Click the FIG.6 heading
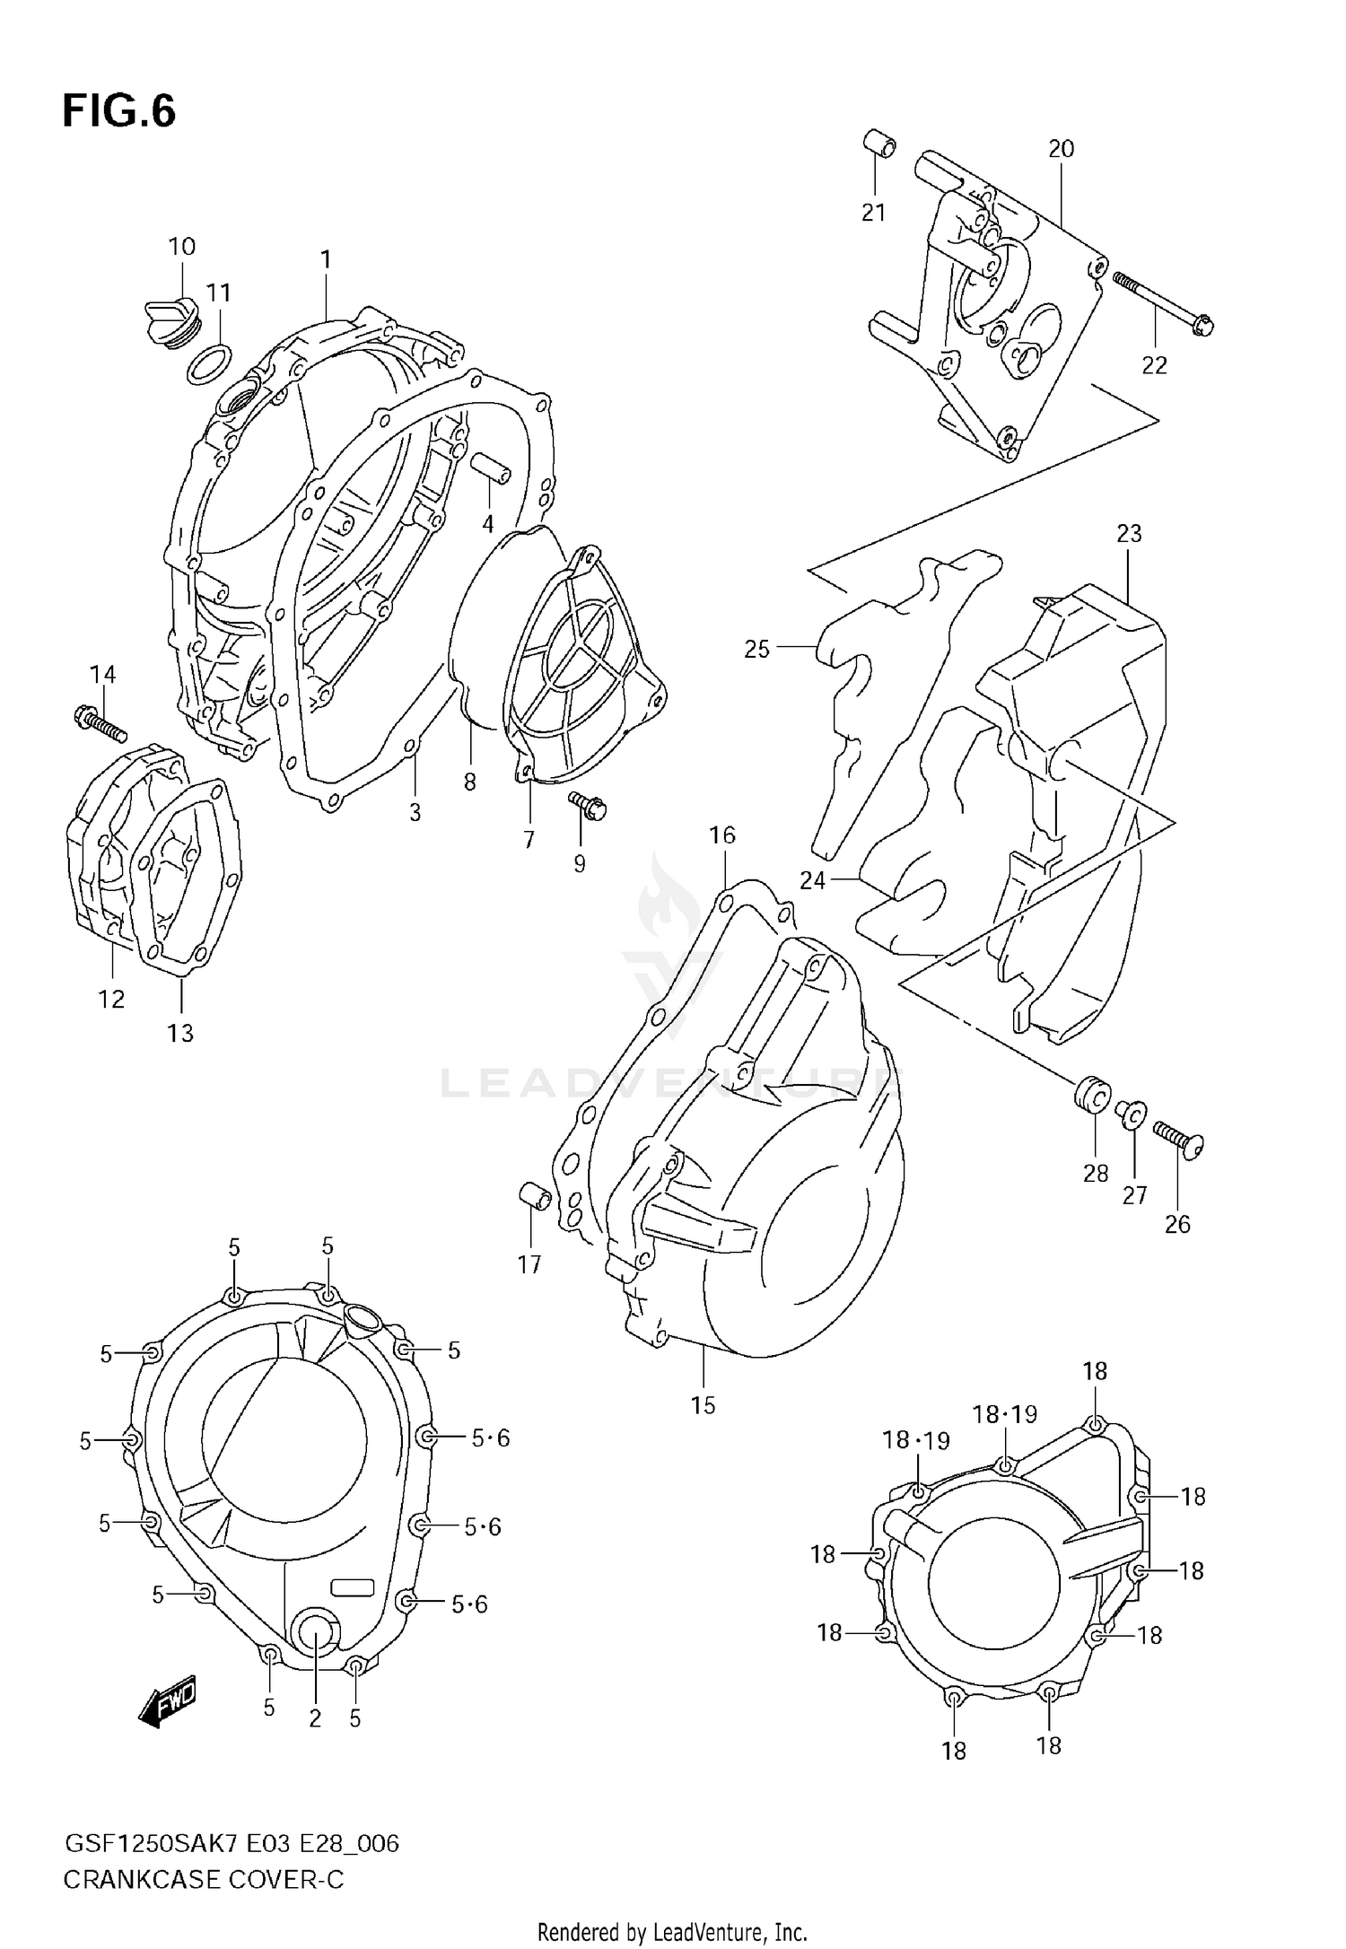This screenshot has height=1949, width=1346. [119, 112]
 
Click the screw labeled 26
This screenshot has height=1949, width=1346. [1179, 1138]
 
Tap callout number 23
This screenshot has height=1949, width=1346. [1129, 534]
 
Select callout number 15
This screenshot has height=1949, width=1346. [704, 1405]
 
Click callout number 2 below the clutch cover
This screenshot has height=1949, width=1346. [315, 1718]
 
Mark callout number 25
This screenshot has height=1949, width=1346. [756, 649]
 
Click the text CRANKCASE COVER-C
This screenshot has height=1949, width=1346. [204, 1880]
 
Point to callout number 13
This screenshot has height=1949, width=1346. [180, 1033]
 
